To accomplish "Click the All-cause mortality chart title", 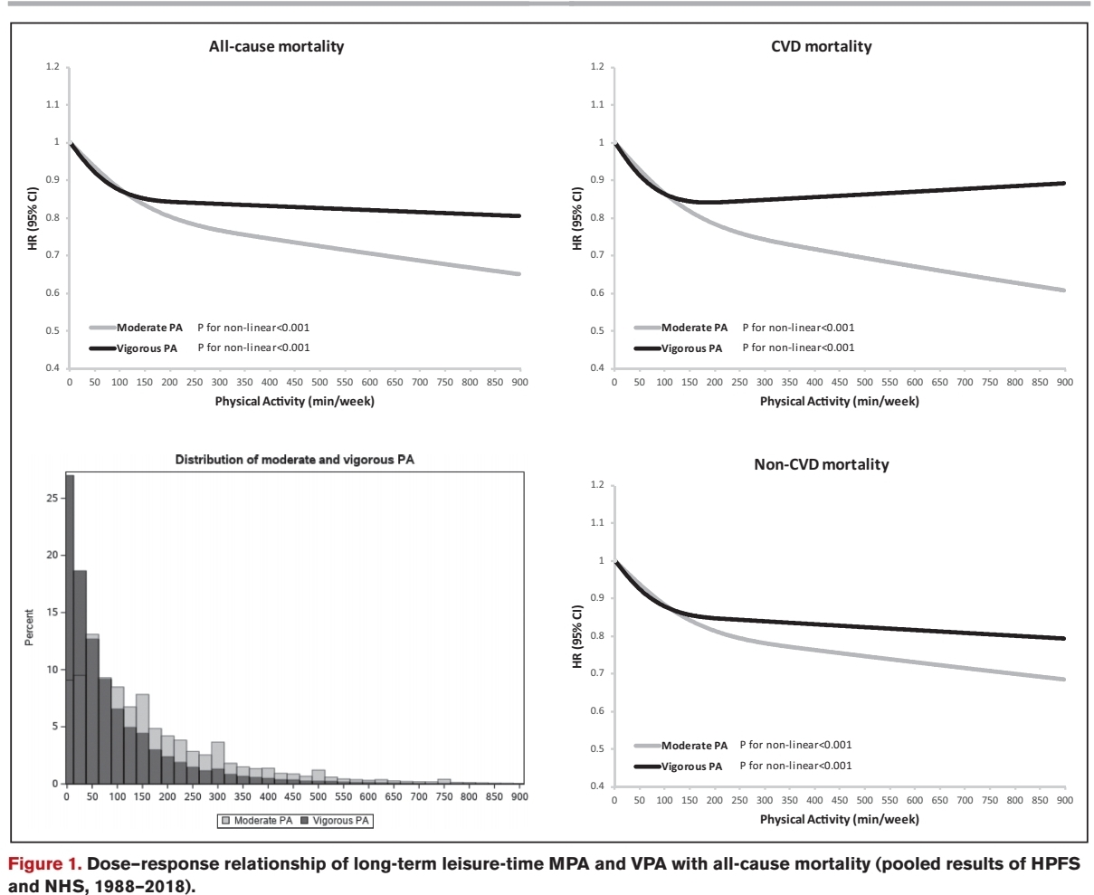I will point(276,46).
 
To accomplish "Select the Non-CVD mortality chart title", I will point(821,464).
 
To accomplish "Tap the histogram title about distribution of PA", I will point(294,460).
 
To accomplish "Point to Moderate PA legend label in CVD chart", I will point(694,328).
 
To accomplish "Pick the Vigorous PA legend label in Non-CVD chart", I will point(692,766).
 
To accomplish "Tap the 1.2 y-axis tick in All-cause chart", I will point(53,67).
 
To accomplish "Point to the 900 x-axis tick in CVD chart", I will point(1064,383).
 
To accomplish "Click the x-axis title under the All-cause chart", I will point(294,402).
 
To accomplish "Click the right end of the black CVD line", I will point(1063,183).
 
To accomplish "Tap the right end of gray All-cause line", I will point(519,273).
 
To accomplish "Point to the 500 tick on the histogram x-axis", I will point(318,796).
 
